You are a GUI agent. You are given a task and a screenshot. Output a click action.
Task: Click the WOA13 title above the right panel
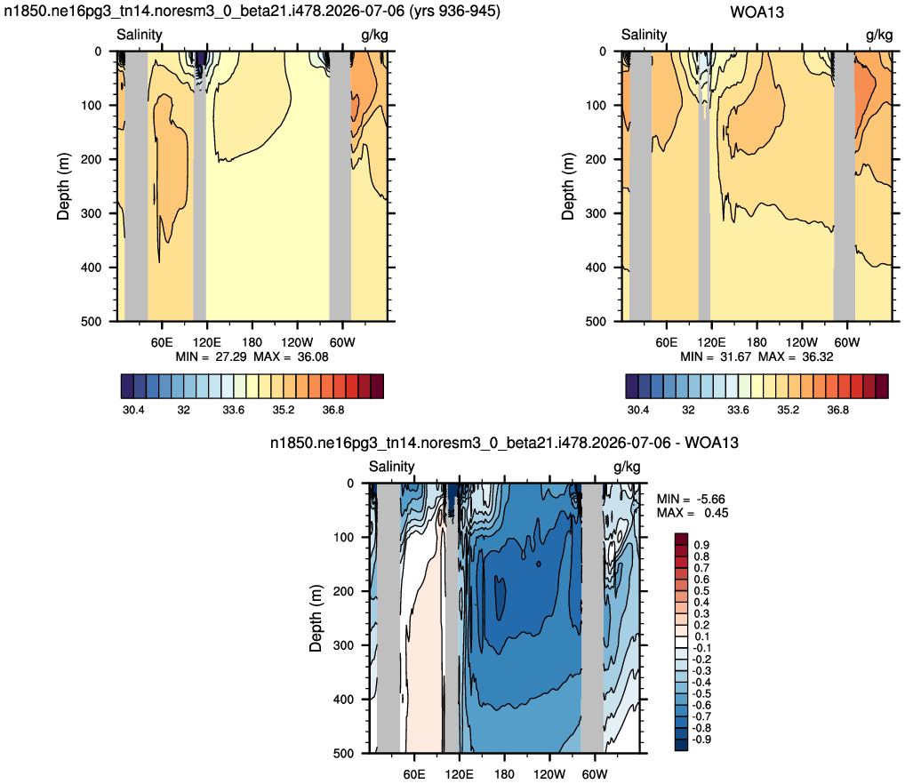coord(757,12)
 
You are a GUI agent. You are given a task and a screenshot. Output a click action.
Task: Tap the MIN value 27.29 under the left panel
coord(231,356)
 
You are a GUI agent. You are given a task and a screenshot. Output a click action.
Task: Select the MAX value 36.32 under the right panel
coord(818,356)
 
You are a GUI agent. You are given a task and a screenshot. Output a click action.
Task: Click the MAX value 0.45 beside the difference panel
coord(717,513)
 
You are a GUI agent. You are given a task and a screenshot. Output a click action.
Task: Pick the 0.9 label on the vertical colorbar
coord(701,545)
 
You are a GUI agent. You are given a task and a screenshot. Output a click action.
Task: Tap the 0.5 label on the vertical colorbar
coord(701,591)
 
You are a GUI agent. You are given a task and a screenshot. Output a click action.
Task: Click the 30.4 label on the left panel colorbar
coord(133,410)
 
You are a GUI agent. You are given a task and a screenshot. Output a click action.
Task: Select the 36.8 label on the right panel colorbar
coord(837,410)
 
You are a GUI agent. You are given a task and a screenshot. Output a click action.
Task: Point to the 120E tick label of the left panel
coord(206,342)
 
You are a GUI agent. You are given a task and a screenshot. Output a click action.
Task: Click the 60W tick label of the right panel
coord(846,342)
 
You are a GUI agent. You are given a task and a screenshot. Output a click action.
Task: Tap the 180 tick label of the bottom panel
coord(504,774)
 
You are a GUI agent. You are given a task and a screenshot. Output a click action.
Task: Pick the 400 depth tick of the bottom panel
coord(343,700)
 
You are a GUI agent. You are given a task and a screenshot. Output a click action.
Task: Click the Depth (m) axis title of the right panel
coord(568,187)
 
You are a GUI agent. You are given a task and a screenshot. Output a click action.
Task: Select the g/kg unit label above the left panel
coord(374,36)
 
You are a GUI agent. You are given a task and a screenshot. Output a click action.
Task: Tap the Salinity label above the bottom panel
coord(391,466)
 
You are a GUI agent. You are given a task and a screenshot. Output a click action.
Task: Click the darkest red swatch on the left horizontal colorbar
coord(377,387)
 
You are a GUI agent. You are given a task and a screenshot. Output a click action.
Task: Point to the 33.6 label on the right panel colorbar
coord(738,410)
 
